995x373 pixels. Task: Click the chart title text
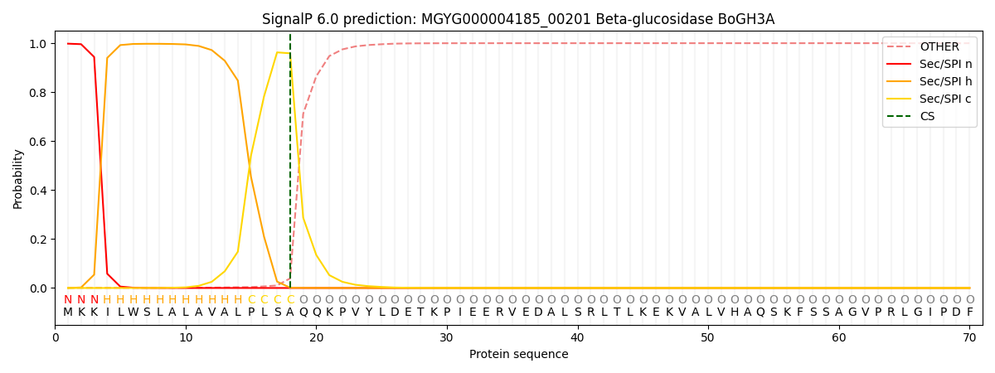coord(518,19)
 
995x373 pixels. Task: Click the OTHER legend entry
coord(939,47)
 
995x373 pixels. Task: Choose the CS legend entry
coord(927,116)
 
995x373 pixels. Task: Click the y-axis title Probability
coord(18,178)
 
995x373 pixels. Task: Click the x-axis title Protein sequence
coord(518,355)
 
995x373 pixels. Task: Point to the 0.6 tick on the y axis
coord(37,142)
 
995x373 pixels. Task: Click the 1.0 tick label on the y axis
coord(37,44)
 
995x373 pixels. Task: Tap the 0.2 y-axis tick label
coord(37,240)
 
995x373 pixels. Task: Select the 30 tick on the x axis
coord(446,337)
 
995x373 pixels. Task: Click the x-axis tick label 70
coord(969,337)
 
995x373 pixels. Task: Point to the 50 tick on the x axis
coord(707,337)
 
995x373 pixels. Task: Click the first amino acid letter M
coord(68,312)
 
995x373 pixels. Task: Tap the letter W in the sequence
coord(133,312)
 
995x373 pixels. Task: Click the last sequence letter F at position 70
coord(969,312)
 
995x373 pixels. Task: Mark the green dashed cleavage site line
coord(290,166)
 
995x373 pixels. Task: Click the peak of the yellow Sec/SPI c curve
coord(278,52)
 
